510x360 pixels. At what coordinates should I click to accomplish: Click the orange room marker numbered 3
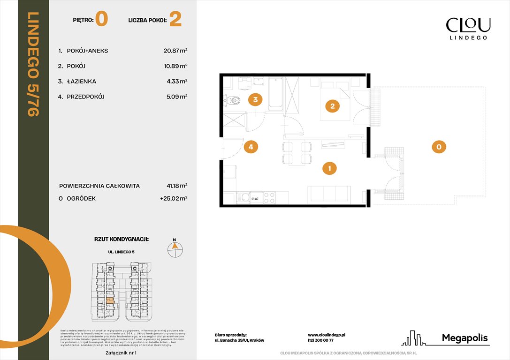255,99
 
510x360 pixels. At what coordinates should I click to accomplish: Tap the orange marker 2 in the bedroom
332,106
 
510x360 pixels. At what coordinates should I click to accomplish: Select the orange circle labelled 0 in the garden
438,147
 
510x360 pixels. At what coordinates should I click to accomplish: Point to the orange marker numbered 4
251,147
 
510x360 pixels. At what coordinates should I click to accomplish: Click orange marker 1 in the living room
330,168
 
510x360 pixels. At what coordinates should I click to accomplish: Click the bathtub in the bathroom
275,94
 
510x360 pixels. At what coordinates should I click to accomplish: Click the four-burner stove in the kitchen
269,198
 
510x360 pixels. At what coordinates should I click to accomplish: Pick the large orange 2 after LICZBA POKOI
175,20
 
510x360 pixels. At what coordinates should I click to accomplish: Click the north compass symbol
175,248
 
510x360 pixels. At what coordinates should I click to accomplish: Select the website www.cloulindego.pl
327,335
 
